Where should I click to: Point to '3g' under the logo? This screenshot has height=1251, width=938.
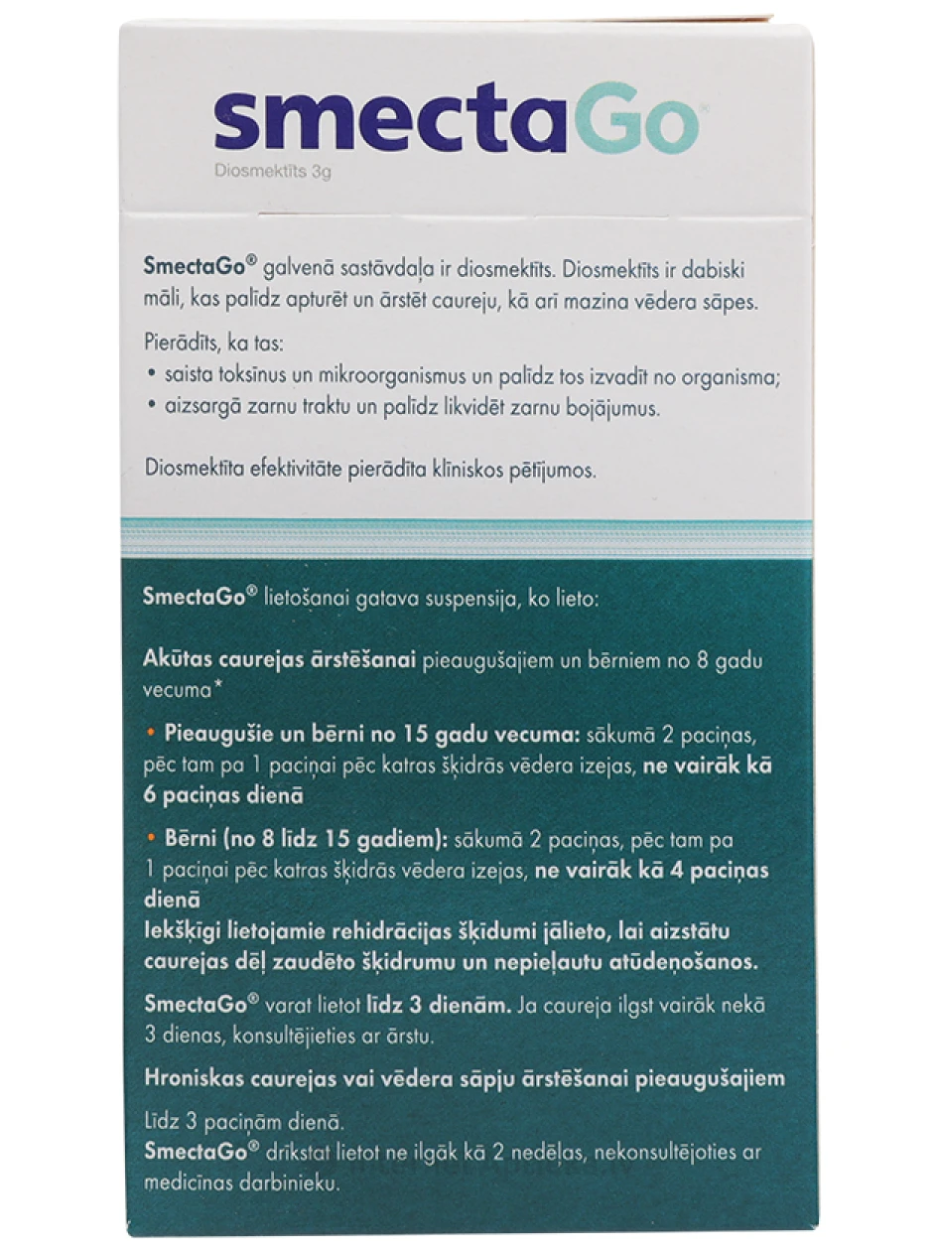click(320, 172)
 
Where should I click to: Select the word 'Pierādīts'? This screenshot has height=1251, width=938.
click(179, 341)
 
